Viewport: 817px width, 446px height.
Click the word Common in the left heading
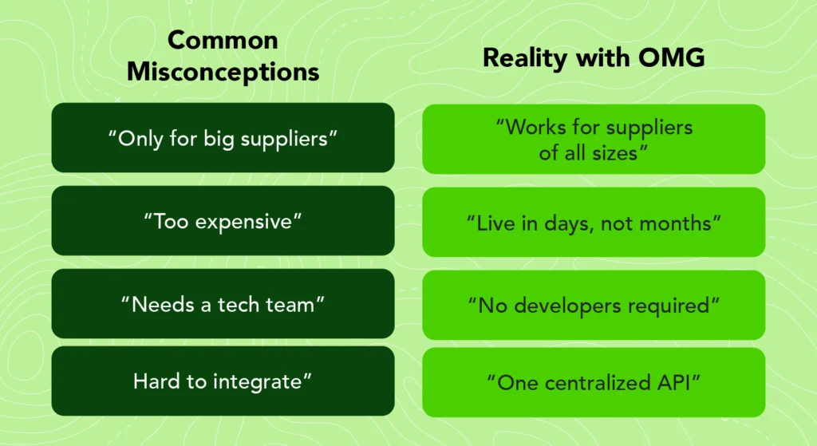[x=223, y=40]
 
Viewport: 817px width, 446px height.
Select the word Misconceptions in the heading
[x=223, y=71]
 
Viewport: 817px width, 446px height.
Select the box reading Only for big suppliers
[x=223, y=137]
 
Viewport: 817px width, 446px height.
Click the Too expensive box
[x=223, y=221]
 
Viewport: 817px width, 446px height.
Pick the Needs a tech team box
[x=223, y=304]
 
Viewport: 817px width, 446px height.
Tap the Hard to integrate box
[x=223, y=381]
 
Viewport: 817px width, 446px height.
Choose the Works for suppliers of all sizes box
[x=594, y=139]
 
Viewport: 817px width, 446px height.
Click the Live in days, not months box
[x=594, y=222]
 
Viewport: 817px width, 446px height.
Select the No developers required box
[x=594, y=305]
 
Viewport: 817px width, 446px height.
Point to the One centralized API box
[x=594, y=382]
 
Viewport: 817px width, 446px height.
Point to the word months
[x=680, y=222]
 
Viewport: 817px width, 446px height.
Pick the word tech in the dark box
[x=243, y=304]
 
